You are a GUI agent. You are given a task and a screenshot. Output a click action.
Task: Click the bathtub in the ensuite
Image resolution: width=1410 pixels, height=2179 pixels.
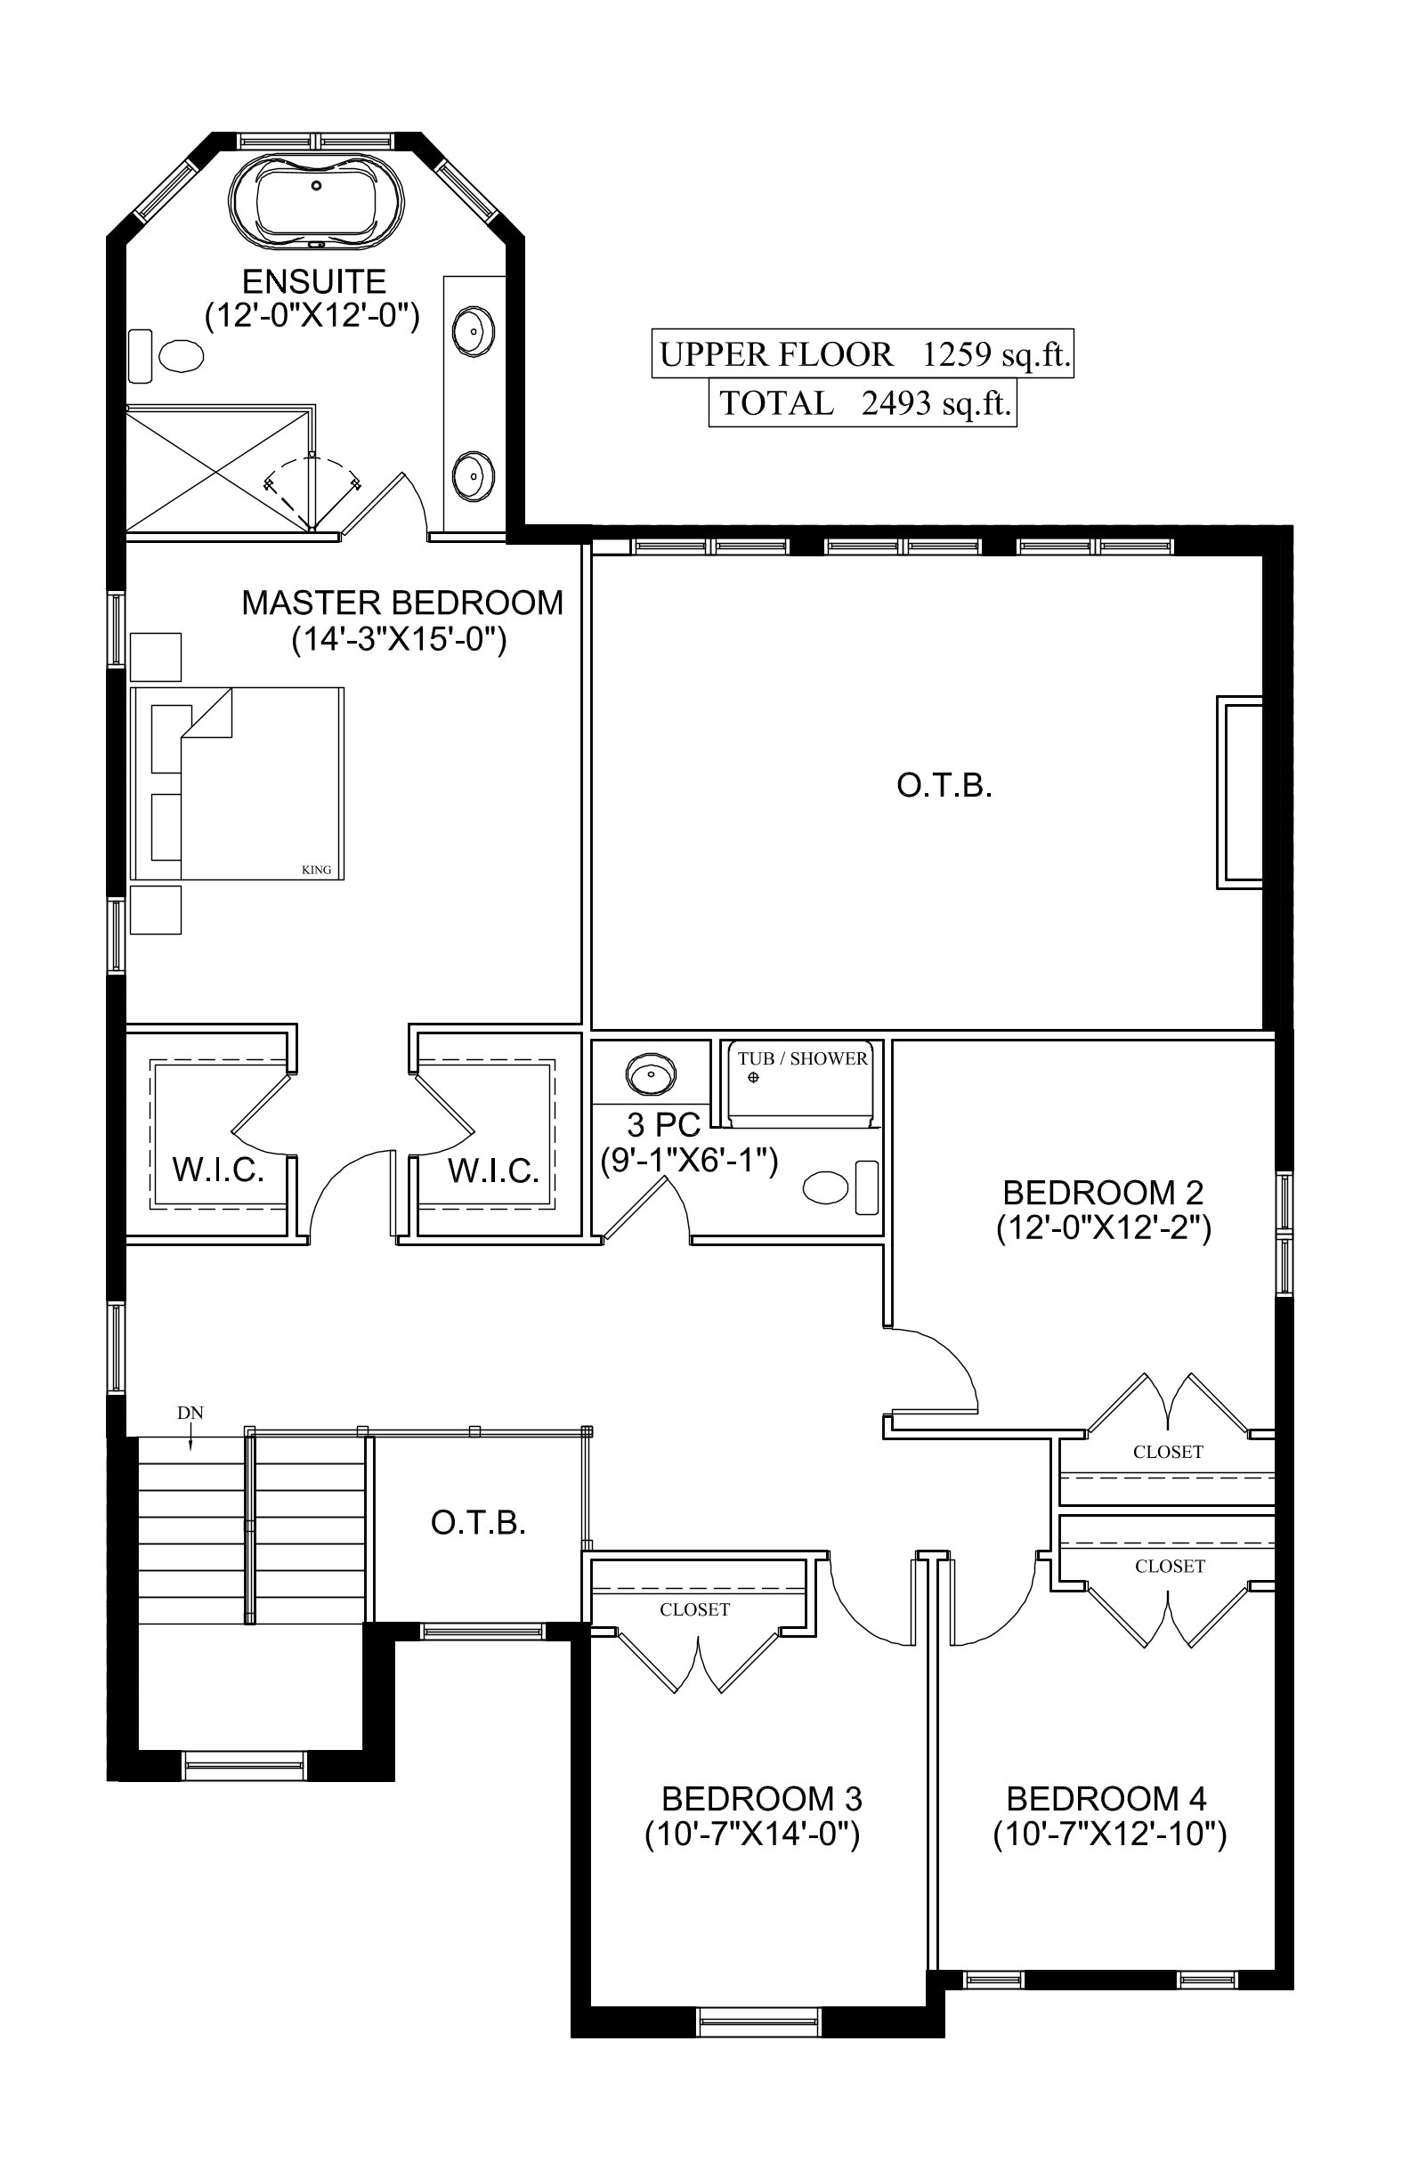tap(317, 200)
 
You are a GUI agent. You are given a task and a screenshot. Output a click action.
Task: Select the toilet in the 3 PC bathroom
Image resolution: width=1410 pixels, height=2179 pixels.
tap(840, 1187)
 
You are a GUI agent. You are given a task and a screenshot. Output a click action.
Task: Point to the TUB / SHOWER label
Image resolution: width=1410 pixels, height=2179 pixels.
tap(803, 1058)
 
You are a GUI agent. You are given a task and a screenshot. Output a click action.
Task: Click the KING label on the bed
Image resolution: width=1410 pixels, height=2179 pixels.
tap(317, 870)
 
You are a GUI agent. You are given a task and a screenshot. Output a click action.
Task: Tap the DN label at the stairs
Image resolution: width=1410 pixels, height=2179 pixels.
tap(190, 1413)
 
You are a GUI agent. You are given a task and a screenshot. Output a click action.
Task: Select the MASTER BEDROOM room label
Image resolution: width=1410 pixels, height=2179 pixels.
tap(403, 603)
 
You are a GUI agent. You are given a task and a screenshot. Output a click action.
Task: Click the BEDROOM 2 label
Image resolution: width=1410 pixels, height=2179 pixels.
tap(1103, 1192)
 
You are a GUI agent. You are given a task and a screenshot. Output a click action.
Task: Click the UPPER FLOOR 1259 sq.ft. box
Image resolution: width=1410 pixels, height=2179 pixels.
tap(863, 353)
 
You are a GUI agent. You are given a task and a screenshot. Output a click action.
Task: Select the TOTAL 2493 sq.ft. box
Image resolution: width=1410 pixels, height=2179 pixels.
tap(863, 403)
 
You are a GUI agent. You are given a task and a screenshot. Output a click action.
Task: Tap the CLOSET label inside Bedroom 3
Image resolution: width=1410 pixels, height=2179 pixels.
tap(695, 1609)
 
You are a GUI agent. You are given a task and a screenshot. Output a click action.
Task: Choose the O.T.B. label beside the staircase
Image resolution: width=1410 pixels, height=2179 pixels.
tap(479, 1523)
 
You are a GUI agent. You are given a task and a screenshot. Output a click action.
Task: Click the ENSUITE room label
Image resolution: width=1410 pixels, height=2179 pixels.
tap(314, 281)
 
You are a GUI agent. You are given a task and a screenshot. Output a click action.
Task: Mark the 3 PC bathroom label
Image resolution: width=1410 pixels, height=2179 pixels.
tap(664, 1124)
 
